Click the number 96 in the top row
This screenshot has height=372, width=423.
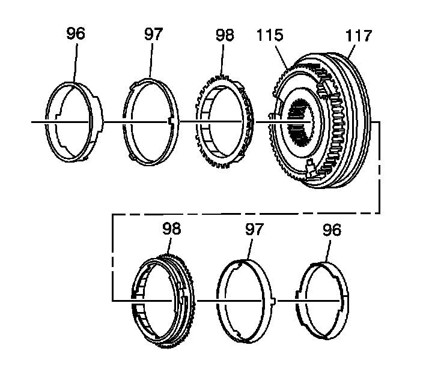point(76,34)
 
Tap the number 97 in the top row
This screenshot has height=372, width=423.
point(153,34)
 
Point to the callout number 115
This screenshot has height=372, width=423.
point(269,35)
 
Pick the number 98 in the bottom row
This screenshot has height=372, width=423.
point(171,229)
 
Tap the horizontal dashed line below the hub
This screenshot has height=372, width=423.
point(240,213)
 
